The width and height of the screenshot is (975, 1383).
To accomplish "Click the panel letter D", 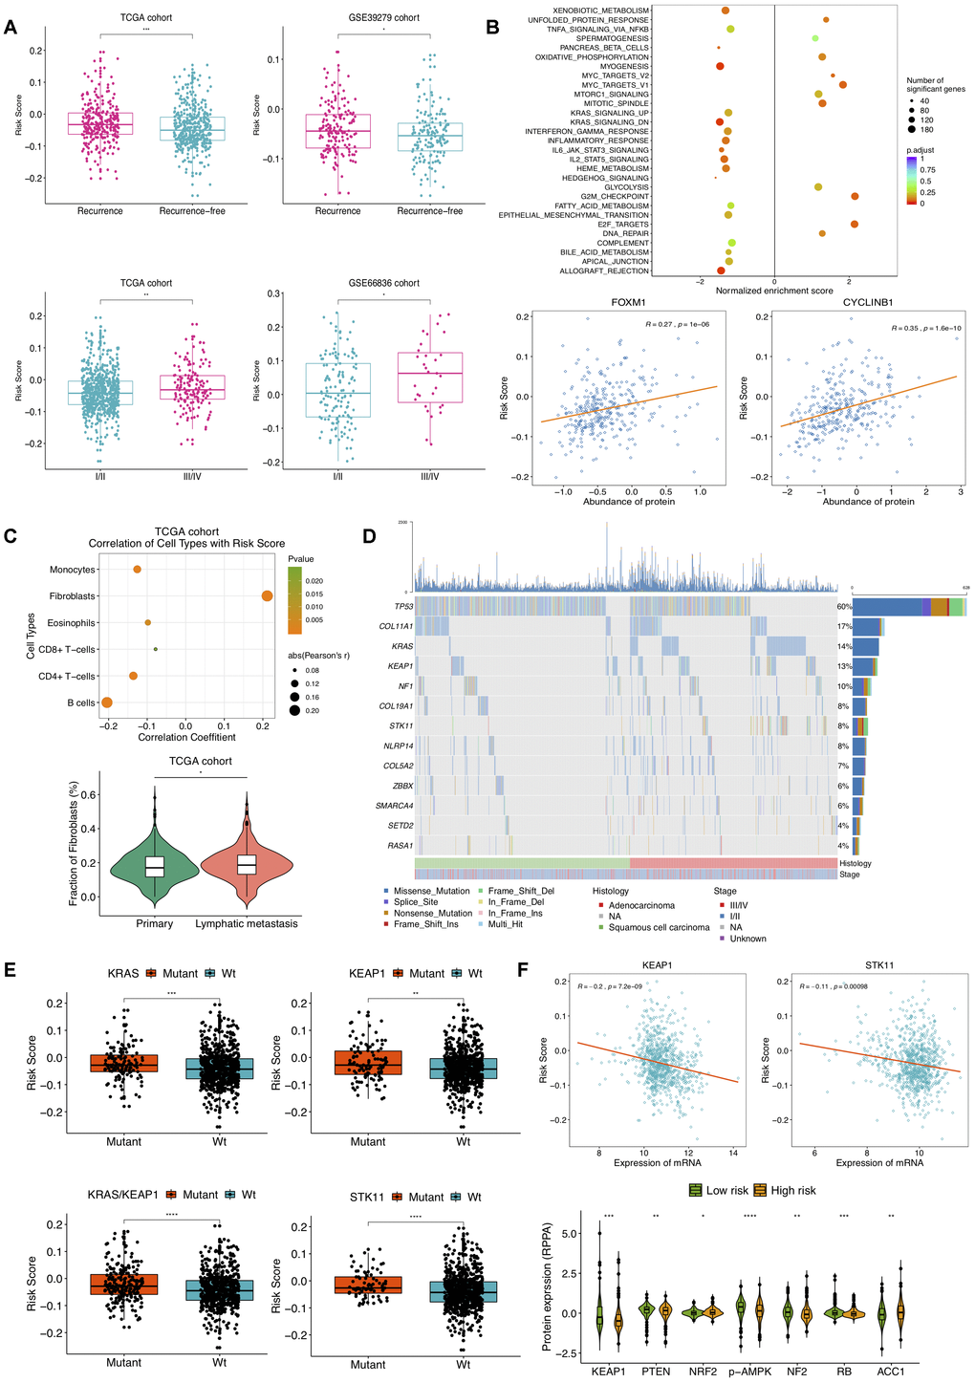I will pyautogui.click(x=370, y=537).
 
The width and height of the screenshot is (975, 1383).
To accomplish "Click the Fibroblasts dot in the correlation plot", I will pyautogui.click(x=267, y=596).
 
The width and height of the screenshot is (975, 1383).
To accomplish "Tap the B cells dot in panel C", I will pyautogui.click(x=107, y=702).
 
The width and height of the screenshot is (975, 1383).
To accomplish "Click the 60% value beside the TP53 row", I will pyautogui.click(x=844, y=607).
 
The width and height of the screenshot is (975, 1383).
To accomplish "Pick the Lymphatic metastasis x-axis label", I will pyautogui.click(x=247, y=923).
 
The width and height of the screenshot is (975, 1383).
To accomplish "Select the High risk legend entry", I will pyautogui.click(x=790, y=1191).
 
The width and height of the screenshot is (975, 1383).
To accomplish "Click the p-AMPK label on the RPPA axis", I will pyautogui.click(x=741, y=1371).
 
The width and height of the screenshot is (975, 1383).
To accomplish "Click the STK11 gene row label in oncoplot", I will pyautogui.click(x=400, y=726).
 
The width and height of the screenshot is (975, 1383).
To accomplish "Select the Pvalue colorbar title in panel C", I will pyautogui.click(x=301, y=559).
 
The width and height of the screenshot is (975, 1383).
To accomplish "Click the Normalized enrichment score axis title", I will pyautogui.click(x=773, y=291).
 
